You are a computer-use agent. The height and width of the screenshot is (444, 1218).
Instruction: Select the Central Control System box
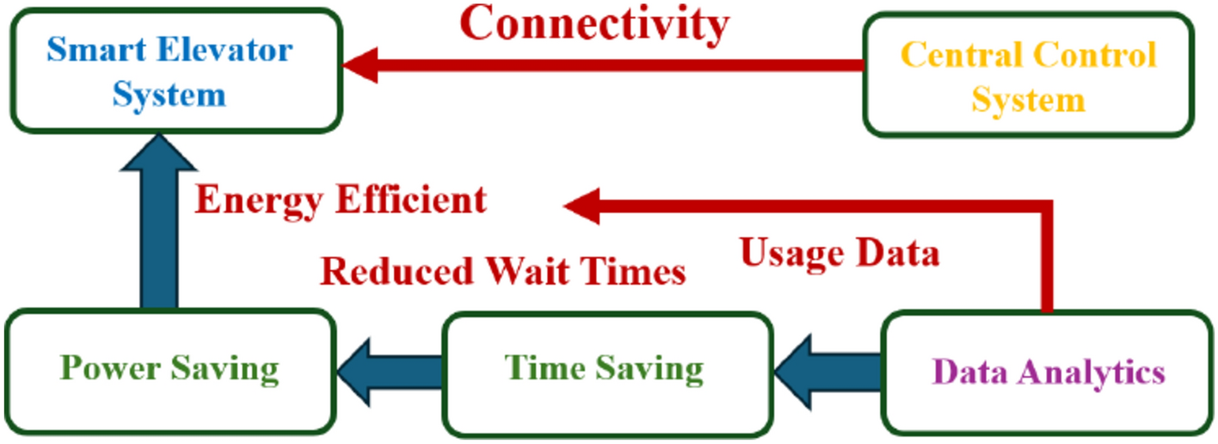point(1028,76)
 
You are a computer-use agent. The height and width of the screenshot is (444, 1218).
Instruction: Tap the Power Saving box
point(169,371)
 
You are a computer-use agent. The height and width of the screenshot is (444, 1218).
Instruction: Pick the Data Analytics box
point(1048,372)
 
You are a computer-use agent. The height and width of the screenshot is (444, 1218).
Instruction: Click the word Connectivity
point(594,24)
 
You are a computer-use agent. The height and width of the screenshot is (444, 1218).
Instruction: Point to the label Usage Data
point(840,253)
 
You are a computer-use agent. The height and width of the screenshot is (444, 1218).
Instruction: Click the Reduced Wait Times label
point(503,272)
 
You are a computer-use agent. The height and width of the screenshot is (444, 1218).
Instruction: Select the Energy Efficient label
point(341,200)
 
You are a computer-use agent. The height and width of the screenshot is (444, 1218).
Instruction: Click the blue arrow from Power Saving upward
point(159,224)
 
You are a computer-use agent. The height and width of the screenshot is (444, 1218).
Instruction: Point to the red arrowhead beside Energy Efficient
point(582,207)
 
